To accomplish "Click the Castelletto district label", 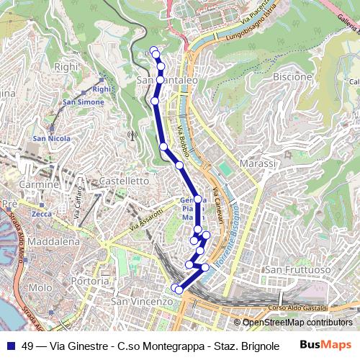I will coord(124,181).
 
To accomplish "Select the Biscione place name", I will coord(293,76).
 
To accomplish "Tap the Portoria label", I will coord(91,280).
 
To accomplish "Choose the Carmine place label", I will coord(39,184).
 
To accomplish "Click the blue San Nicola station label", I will coord(50,138).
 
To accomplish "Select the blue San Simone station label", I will coord(83,102).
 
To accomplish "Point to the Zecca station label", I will coord(42,214).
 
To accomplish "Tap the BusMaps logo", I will coord(325,345).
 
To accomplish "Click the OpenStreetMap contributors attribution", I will coord(296,323).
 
